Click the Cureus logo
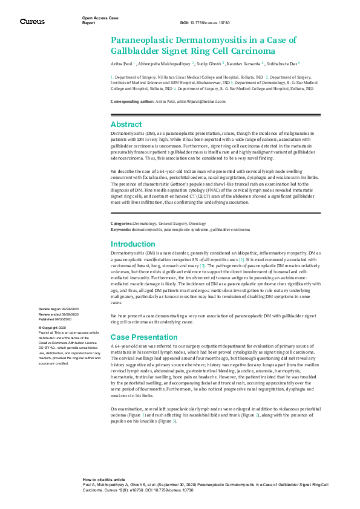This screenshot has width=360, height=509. tap(31, 21)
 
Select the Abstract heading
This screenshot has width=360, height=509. tap(126, 123)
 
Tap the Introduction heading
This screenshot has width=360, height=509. tap(133, 244)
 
